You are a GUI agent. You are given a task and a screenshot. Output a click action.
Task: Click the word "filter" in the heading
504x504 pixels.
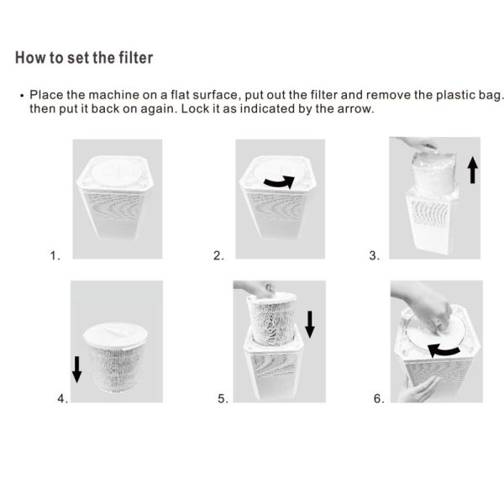coord(136,58)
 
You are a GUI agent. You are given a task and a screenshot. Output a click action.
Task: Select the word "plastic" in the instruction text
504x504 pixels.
coord(454,95)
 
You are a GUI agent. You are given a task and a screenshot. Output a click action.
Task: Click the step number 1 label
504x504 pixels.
coord(55,256)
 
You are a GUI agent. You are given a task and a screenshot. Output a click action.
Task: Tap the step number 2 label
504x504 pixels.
coord(218,256)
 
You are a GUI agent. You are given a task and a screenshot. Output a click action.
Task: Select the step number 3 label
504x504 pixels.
coord(375,256)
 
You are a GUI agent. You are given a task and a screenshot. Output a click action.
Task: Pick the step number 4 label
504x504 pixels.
coord(63,399)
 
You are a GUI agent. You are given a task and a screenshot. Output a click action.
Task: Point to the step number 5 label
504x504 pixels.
coord(223,399)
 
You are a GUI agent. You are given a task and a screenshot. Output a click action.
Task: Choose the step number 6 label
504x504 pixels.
coord(379,399)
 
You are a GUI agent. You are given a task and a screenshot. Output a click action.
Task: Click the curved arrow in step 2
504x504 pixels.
coord(279,183)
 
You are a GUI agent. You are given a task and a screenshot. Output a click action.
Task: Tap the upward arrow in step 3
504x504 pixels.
coord(472,170)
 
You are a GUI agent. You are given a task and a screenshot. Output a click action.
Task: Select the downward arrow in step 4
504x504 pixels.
coord(76,370)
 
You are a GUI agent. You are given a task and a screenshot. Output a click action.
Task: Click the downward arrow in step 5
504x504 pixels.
coord(309,324)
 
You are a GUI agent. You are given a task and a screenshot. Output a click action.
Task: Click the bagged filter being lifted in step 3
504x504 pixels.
coord(433,174)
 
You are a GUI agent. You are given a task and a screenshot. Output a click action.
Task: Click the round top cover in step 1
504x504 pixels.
coord(116,172)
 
